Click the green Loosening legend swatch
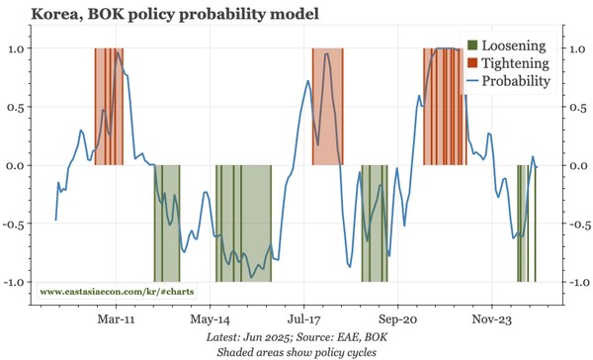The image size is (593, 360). click(471, 45)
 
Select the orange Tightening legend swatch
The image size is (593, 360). click(471, 63)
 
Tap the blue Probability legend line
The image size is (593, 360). click(471, 81)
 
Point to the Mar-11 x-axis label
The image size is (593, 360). click(116, 319)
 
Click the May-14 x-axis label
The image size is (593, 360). click(210, 319)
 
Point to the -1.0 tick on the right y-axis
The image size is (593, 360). click(573, 282)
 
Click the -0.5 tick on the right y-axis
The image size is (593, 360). click(573, 224)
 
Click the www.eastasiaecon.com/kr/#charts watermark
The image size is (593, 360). click(117, 293)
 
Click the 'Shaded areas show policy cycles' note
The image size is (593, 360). click(296, 352)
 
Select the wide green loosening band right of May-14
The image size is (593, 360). click(244, 224)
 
